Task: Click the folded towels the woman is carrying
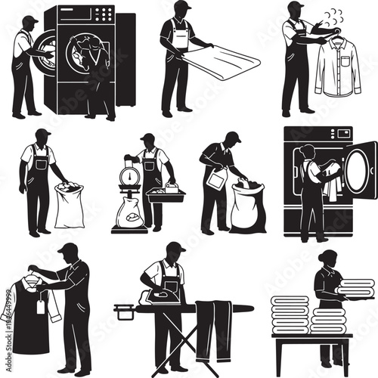pos(356,288)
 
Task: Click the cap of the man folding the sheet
pos(181,6)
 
